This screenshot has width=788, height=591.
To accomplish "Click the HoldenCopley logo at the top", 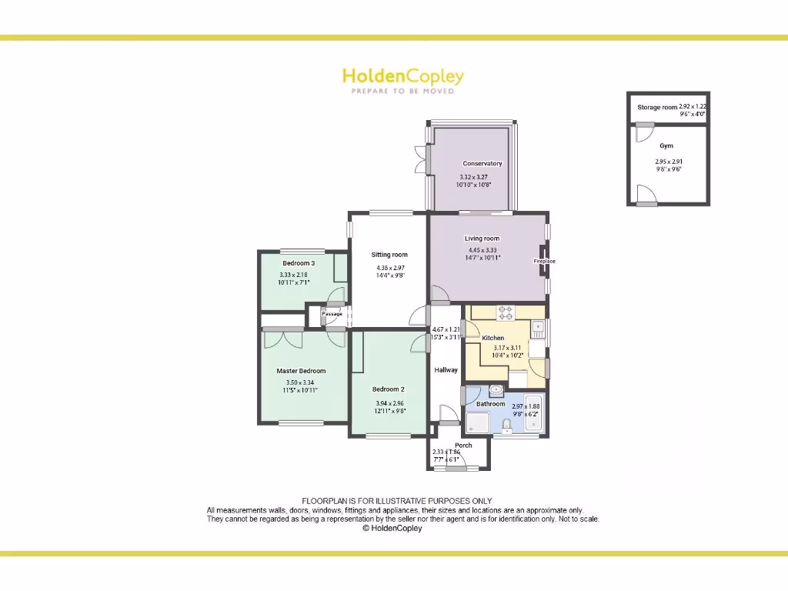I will pyautogui.click(x=402, y=77).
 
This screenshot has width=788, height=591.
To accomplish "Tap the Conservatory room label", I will pyautogui.click(x=482, y=163).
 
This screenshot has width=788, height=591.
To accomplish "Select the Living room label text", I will pyautogui.click(x=482, y=239).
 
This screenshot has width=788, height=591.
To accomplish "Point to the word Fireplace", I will pyautogui.click(x=545, y=262).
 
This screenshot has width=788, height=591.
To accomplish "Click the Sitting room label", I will pyautogui.click(x=389, y=255).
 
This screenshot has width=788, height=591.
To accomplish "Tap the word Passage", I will pyautogui.click(x=332, y=314).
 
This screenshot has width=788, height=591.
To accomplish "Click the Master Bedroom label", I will pyautogui.click(x=301, y=371).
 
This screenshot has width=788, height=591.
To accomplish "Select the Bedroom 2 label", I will pyautogui.click(x=389, y=389).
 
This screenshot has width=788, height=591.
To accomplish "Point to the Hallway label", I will pyautogui.click(x=446, y=370).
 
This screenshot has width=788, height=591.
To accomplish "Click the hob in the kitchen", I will pyautogui.click(x=506, y=312).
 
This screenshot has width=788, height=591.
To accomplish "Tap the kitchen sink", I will pyautogui.click(x=538, y=329).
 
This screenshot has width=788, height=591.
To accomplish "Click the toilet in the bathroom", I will pyautogui.click(x=506, y=426).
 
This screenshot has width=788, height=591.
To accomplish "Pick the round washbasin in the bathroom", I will pyautogui.click(x=496, y=391).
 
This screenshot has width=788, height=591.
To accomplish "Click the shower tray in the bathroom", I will pyautogui.click(x=476, y=423).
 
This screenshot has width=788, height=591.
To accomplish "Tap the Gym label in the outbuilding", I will pyautogui.click(x=666, y=145).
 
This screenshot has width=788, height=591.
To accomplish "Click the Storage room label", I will pyautogui.click(x=656, y=108).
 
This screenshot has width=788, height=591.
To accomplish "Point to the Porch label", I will pyautogui.click(x=463, y=446).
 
